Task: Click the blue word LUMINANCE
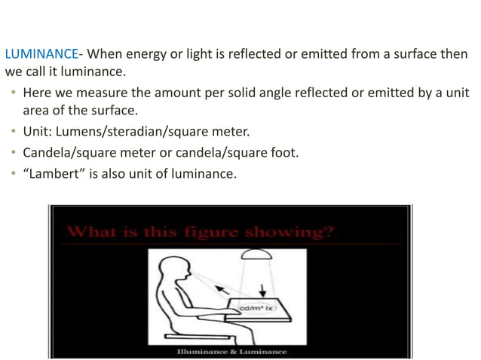(x=41, y=54)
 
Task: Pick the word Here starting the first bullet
(x=38, y=93)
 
